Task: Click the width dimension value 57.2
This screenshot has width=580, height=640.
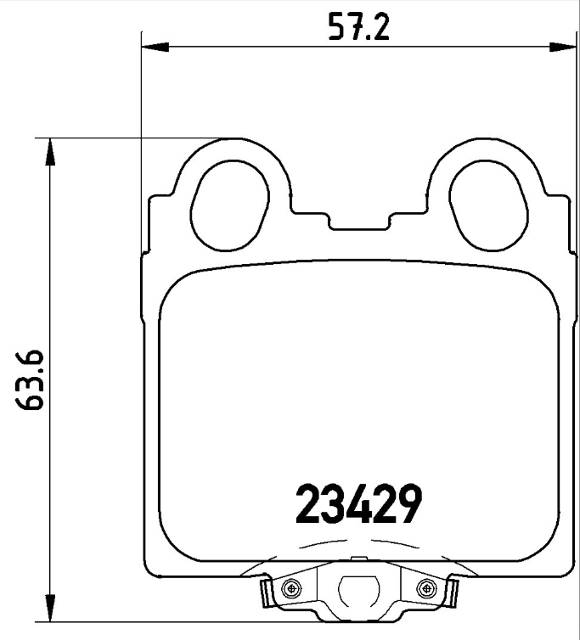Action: (358, 28)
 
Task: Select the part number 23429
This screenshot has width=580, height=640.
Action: (358, 504)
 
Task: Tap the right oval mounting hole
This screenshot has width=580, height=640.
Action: (483, 207)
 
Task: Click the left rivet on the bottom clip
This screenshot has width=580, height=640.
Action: (293, 587)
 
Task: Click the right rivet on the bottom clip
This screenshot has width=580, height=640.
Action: (424, 587)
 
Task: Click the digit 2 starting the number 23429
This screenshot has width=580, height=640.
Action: (307, 504)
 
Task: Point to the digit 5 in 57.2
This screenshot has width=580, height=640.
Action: (337, 28)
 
